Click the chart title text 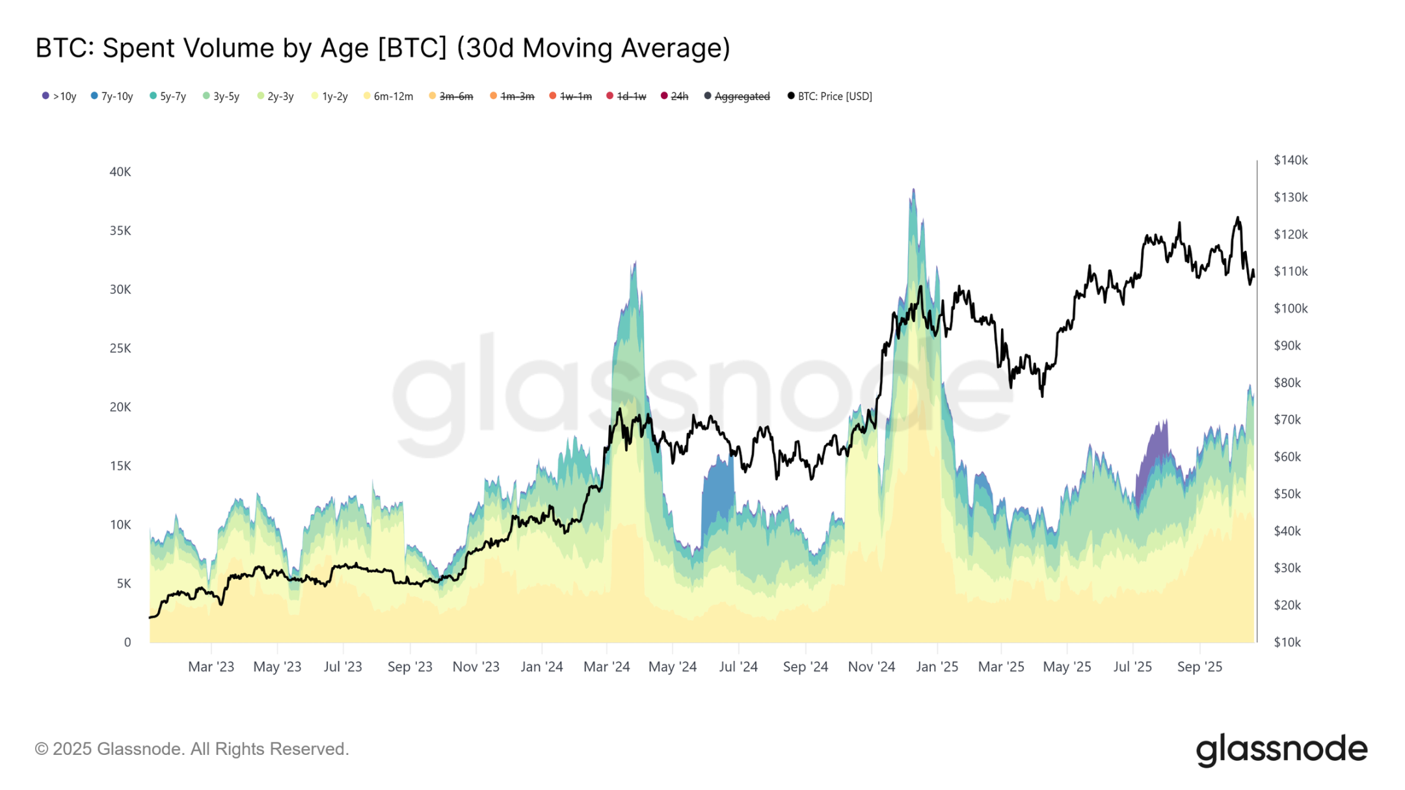point(382,48)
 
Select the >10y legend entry point(59,96)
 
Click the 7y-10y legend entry point(112,96)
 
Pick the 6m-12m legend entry point(388,96)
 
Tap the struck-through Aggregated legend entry point(737,96)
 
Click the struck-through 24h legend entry point(675,96)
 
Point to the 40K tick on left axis point(120,172)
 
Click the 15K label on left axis point(120,466)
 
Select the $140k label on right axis point(1291,160)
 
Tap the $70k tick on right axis point(1287,419)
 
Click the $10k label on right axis point(1287,642)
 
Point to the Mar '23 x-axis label point(211,666)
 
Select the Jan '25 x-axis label point(937,666)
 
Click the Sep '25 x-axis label point(1199,666)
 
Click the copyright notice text point(192,749)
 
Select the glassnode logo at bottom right point(1281,750)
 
